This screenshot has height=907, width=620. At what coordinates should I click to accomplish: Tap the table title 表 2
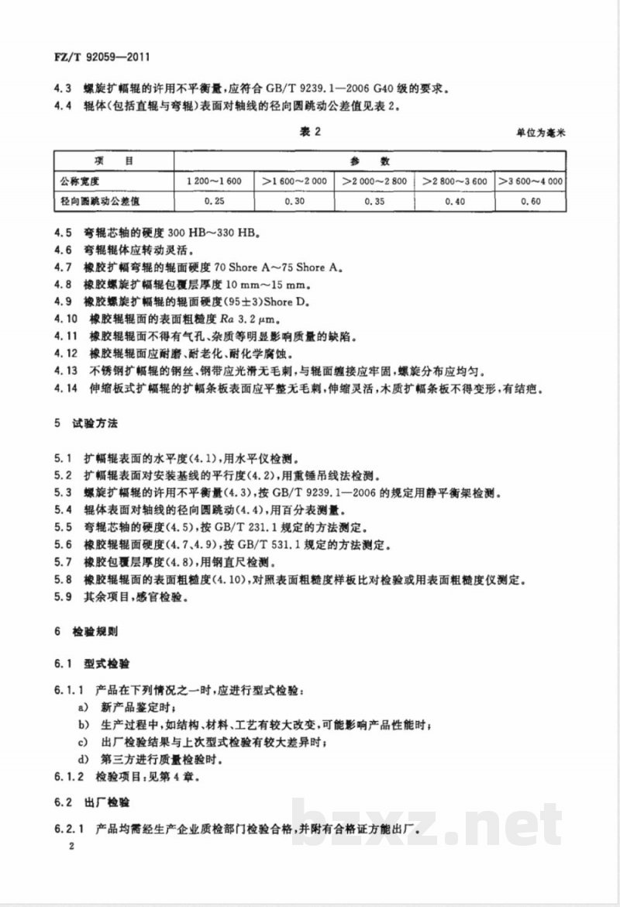click(309, 132)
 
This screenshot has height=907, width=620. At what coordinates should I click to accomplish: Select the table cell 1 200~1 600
click(214, 181)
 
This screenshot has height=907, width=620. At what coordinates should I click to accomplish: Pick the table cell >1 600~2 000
click(295, 181)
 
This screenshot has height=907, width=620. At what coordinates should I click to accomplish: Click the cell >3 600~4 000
click(531, 181)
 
